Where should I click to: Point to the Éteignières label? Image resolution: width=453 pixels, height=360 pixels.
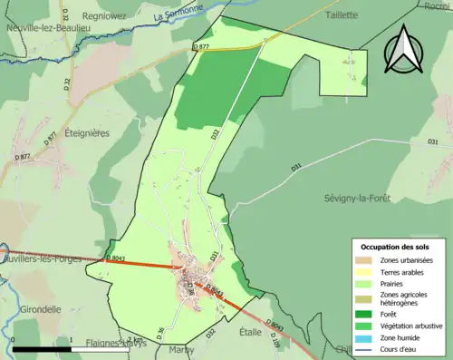(x=88, y=132)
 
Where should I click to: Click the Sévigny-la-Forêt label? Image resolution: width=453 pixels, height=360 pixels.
(x=361, y=198)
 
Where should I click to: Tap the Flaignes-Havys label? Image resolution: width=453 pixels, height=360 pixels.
(x=117, y=344)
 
